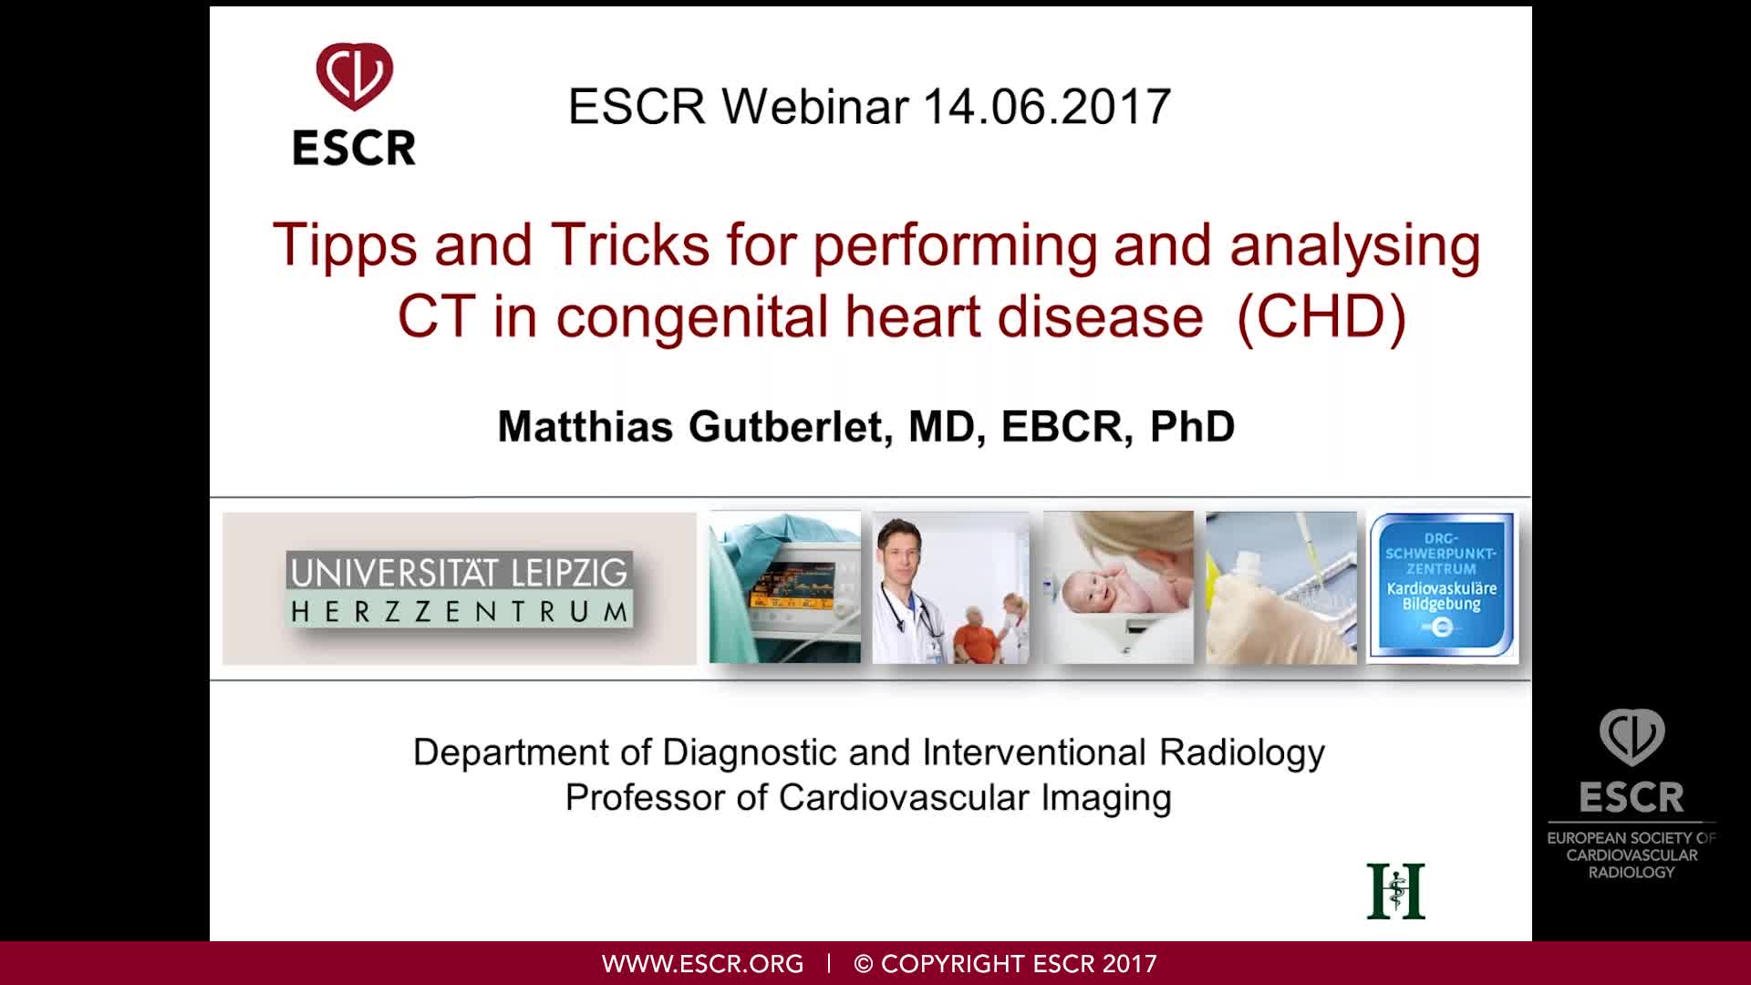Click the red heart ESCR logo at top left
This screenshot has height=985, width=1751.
tap(355, 77)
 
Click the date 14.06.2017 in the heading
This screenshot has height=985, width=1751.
tap(1046, 107)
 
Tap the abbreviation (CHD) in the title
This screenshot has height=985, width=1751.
tap(1321, 316)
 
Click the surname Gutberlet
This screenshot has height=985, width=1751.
tap(785, 427)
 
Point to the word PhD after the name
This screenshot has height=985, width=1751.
tap(1192, 427)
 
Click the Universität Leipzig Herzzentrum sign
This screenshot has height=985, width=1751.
tap(459, 588)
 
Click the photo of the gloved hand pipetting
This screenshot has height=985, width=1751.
tap(1281, 588)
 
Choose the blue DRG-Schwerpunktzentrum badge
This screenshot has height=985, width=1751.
tap(1442, 586)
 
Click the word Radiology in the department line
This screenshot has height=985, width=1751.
tap(1242, 753)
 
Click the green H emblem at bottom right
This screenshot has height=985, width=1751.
tap(1395, 891)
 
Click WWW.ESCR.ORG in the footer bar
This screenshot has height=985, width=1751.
tap(702, 964)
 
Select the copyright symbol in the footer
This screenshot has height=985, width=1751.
tap(864, 964)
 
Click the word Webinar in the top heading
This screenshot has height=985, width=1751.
tap(815, 107)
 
